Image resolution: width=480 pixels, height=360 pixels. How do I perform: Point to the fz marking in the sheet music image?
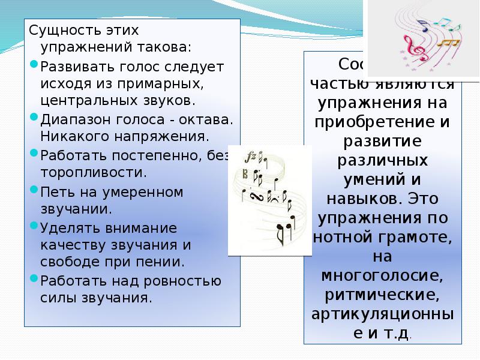click(250, 157)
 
